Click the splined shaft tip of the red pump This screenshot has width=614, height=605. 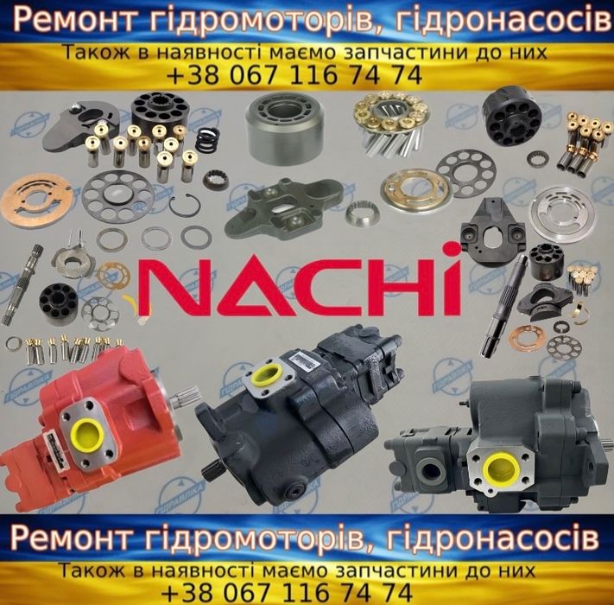(185, 397)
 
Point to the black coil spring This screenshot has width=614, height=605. (206, 140)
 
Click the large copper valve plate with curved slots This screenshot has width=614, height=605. (36, 199)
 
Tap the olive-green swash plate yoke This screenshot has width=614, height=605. (285, 208)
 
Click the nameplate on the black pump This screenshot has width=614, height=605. (307, 360)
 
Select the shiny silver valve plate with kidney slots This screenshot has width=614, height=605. (563, 214)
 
